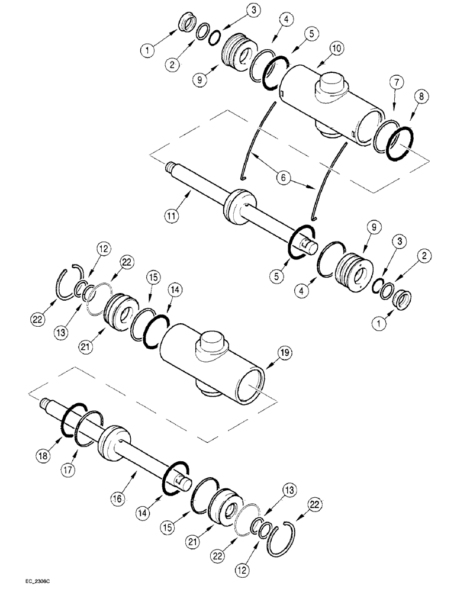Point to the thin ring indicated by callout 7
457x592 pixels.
pyautogui.click(x=384, y=140)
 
